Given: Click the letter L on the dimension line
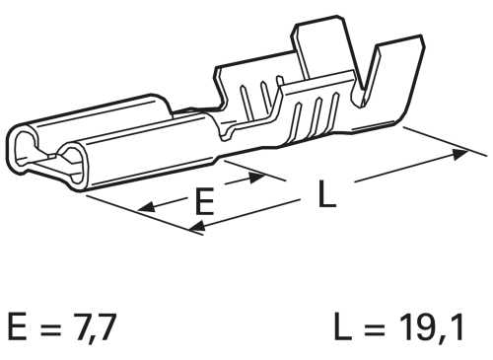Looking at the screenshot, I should (326, 194).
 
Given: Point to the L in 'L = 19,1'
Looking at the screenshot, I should (339, 328).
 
